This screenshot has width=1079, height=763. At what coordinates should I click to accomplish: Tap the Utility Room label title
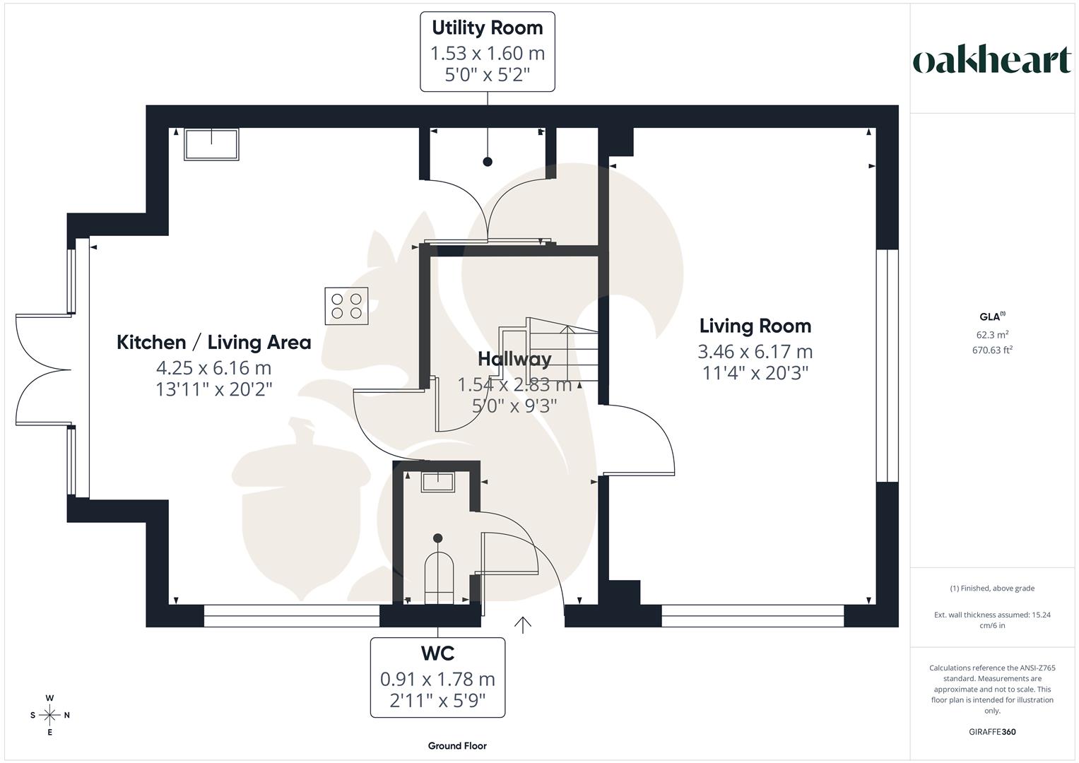click(488, 28)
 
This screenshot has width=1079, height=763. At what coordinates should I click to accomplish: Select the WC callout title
click(437, 653)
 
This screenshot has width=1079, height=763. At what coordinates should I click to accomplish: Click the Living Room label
click(755, 326)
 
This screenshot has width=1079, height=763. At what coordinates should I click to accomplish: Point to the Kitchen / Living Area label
click(214, 343)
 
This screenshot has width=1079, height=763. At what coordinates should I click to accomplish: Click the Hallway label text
click(514, 359)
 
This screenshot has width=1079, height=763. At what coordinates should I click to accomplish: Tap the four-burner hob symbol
click(346, 306)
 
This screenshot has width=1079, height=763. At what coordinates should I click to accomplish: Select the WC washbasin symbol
click(438, 482)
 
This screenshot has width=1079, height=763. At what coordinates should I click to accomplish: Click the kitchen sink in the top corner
click(211, 144)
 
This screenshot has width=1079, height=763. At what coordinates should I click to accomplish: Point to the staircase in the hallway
click(548, 349)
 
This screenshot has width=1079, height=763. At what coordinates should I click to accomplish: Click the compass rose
click(49, 715)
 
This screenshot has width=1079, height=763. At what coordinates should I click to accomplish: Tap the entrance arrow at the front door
click(523, 625)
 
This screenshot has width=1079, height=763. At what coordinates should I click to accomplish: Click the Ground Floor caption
click(457, 745)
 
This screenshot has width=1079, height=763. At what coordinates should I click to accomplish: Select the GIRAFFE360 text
click(992, 732)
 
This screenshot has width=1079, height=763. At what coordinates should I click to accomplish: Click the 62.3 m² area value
click(992, 334)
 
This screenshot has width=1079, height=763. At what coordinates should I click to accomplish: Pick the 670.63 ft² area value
click(992, 350)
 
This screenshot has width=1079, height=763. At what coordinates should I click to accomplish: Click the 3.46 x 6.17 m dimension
click(755, 352)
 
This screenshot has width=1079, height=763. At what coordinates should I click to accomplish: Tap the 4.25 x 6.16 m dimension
click(214, 368)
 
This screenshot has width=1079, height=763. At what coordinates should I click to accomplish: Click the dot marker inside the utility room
click(488, 162)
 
